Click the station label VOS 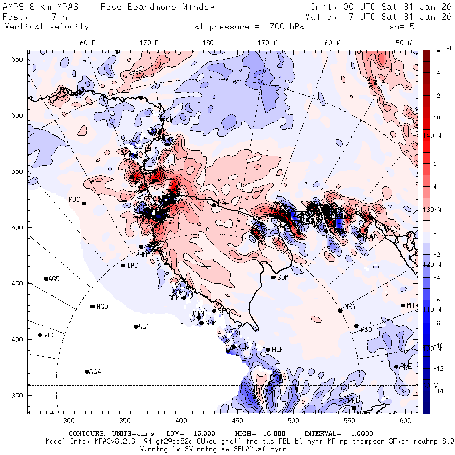[50, 335]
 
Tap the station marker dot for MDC [84, 203]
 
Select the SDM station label [283, 277]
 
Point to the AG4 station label [95, 372]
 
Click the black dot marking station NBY [340, 311]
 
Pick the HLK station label [278, 350]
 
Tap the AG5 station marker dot [46, 279]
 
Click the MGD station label [102, 307]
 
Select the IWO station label [132, 265]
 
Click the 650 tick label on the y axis [18, 60]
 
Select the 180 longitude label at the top [208, 43]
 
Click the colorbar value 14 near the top [437, 73]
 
